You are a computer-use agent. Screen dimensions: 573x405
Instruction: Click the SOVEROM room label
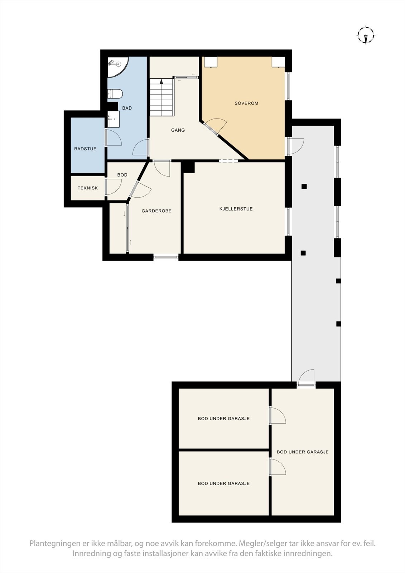[246, 103]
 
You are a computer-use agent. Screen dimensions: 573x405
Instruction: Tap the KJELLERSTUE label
[236, 209]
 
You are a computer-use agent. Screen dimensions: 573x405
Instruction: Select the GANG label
[178, 130]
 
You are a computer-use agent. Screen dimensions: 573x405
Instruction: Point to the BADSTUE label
[85, 149]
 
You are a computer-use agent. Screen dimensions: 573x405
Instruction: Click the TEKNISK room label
[88, 188]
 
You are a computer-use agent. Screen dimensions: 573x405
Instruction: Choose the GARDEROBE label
[156, 211]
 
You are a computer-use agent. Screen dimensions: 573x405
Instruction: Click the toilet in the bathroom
[115, 94]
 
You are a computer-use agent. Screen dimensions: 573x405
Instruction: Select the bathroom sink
[114, 119]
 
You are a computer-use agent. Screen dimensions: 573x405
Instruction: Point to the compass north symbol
[366, 35]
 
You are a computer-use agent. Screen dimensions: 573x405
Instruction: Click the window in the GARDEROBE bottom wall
[166, 256]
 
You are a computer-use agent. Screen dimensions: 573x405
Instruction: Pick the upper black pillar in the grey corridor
[304, 186]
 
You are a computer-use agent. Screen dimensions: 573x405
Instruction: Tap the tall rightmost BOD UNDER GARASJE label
[303, 452]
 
